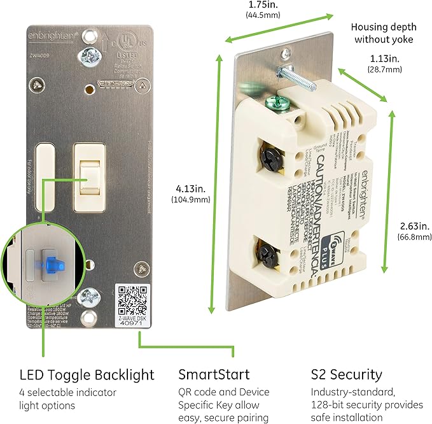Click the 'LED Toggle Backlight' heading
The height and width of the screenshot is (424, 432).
pyautogui.click(x=87, y=374)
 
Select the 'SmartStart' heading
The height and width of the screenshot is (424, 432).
pyautogui.click(x=214, y=374)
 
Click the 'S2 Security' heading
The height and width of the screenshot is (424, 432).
pyautogui.click(x=347, y=374)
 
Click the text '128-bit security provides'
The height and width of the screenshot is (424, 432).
pyautogui.click(x=366, y=405)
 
